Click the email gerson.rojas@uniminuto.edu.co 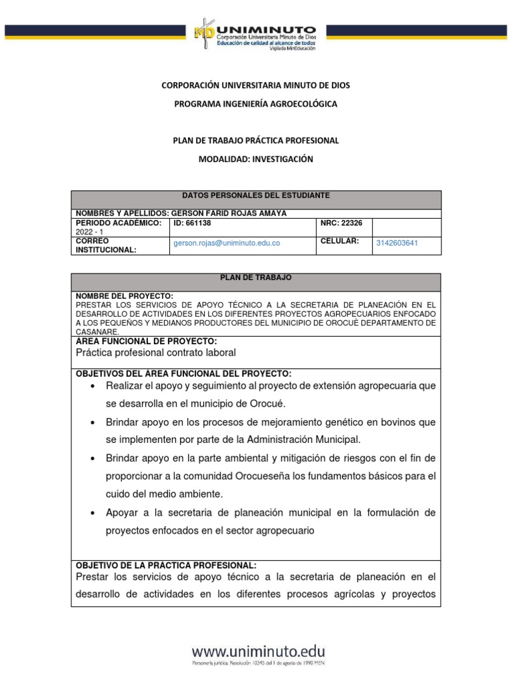coord(227,243)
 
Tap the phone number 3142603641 coord(397,243)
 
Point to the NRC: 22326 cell coord(341,223)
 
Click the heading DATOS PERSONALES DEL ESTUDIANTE coord(255,195)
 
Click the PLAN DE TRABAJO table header coord(255,277)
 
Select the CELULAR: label coord(340,240)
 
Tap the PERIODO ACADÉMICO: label coord(119,223)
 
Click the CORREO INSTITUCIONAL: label coord(107,245)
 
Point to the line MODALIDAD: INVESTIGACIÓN coord(255,159)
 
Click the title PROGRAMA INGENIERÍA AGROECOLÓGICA coord(255,104)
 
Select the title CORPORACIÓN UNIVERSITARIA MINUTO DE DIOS coord(255,85)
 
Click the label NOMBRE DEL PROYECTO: coord(124,295)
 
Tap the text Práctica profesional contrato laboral coord(156,352)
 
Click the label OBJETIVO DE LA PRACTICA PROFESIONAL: coord(165,564)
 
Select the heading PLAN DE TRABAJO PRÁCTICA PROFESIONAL coord(255,140)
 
